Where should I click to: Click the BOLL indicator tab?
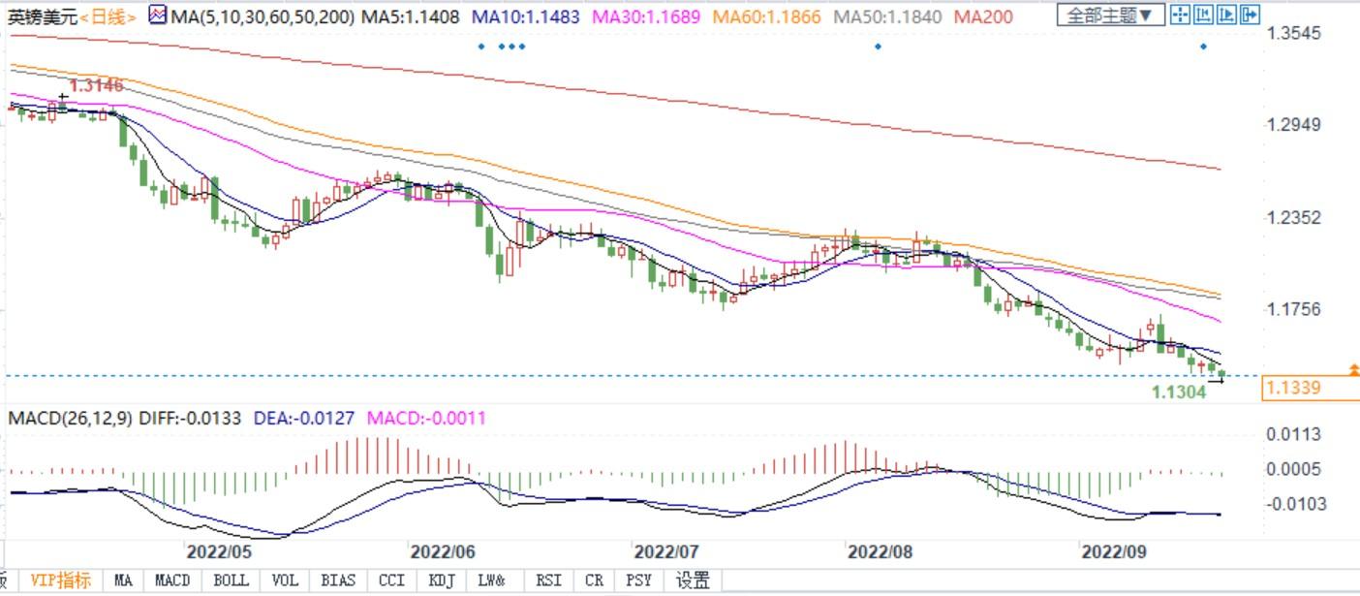231,580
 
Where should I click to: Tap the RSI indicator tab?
548,580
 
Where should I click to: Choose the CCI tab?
391,580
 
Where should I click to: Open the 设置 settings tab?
693,580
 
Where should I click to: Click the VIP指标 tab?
60,580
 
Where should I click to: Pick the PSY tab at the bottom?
638,580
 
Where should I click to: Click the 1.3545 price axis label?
1294,34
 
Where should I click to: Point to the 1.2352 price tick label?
1294,217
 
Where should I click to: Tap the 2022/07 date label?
666,551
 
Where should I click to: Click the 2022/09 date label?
1114,551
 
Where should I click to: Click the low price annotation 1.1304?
1178,392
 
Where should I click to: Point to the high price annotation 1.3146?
96,85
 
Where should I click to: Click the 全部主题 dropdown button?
1109,15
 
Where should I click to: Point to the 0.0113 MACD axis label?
1293,434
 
